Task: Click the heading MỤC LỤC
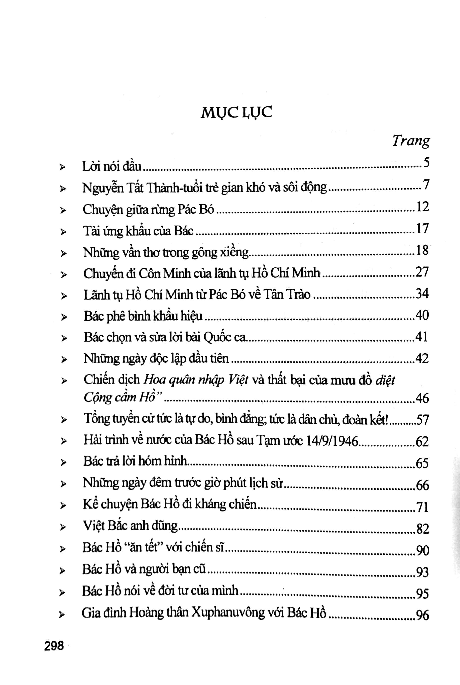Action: click(x=236, y=112)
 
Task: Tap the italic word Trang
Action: click(x=411, y=141)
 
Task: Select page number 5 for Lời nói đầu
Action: click(x=426, y=163)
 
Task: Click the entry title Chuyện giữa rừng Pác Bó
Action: click(x=148, y=210)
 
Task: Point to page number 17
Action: click(x=422, y=229)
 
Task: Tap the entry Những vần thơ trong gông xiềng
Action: click(x=166, y=253)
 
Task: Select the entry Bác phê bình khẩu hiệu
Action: click(x=143, y=316)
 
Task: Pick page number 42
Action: click(x=422, y=359)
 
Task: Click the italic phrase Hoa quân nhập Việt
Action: click(x=196, y=380)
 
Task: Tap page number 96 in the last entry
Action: click(x=422, y=615)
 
